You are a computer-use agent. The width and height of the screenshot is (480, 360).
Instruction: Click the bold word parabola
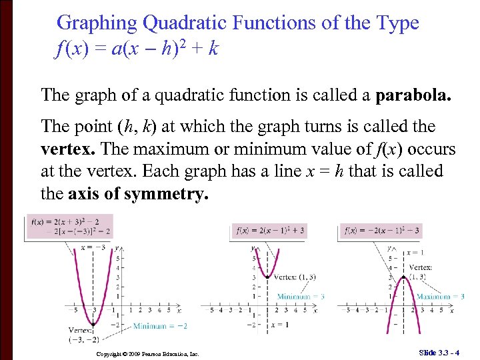pyautogui.click(x=413, y=95)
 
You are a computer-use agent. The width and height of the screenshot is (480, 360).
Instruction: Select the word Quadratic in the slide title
pyautogui.click(x=183, y=23)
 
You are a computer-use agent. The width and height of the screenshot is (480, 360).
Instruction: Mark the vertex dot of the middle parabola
pyautogui.click(x=267, y=277)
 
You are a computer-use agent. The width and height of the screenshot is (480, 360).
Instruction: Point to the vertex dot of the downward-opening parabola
pyautogui.click(x=402, y=277)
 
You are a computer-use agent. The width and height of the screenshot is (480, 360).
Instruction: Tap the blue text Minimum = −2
pyautogui.click(x=159, y=326)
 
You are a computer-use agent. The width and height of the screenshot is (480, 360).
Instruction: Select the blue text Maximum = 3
pyautogui.click(x=440, y=296)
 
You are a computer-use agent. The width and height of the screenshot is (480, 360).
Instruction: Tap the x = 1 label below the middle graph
pyautogui.click(x=280, y=325)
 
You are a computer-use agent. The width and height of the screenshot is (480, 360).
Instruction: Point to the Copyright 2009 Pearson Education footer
pyautogui.click(x=147, y=353)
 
